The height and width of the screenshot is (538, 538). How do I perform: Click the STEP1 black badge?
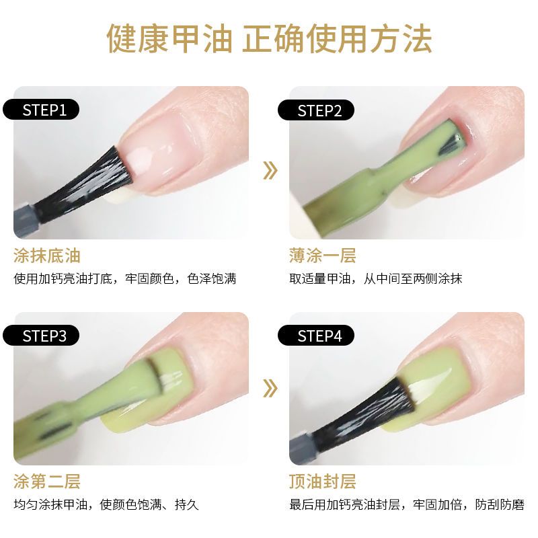tap(41, 110)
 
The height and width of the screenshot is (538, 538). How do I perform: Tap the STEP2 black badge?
tap(316, 110)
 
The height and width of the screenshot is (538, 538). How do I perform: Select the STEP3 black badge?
tap(41, 336)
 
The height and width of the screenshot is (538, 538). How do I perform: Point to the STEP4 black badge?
tap(316, 336)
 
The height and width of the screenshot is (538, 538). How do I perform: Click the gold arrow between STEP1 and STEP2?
tap(270, 171)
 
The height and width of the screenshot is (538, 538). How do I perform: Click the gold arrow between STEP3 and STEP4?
tap(270, 389)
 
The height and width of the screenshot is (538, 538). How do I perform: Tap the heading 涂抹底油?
tap(47, 256)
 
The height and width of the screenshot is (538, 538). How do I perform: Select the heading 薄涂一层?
tap(323, 256)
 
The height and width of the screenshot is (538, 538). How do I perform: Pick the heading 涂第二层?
tap(47, 481)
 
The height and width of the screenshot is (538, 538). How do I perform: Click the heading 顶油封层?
tap(323, 481)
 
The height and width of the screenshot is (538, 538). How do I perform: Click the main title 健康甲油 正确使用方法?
tap(270, 38)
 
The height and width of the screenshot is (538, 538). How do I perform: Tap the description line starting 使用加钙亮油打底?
tap(125, 278)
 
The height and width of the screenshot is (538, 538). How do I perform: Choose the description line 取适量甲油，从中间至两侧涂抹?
tap(376, 278)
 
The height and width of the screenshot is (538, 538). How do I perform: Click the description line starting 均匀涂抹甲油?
tap(106, 504)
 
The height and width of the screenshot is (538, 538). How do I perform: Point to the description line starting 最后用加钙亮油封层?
tap(407, 504)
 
